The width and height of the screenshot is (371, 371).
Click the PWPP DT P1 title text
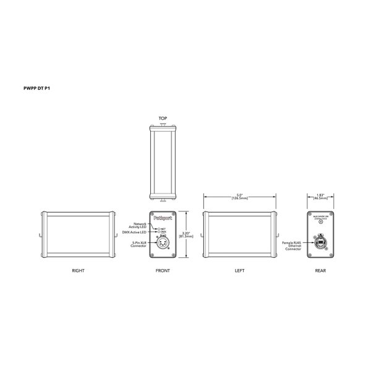click(36, 88)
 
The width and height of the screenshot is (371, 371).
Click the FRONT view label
click(163, 270)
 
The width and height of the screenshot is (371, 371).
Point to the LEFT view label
click(240, 270)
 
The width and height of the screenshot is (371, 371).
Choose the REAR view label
click(320, 270)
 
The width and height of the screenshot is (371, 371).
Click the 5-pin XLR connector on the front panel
click(164, 244)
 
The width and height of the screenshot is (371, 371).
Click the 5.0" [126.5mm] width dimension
click(240, 197)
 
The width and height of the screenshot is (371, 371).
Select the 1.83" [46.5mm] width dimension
click(320, 197)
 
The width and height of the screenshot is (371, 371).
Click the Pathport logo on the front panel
click(164, 218)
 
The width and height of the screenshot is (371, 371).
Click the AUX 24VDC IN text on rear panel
click(320, 216)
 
